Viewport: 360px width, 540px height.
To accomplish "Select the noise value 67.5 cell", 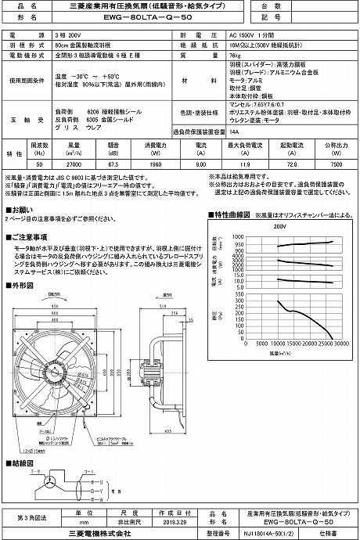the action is click(112, 165).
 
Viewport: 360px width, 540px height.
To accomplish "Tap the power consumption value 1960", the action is click(154, 165).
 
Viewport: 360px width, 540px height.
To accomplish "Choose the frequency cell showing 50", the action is click(39, 165).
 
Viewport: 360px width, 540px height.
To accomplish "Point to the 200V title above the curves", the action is click(281, 225).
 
